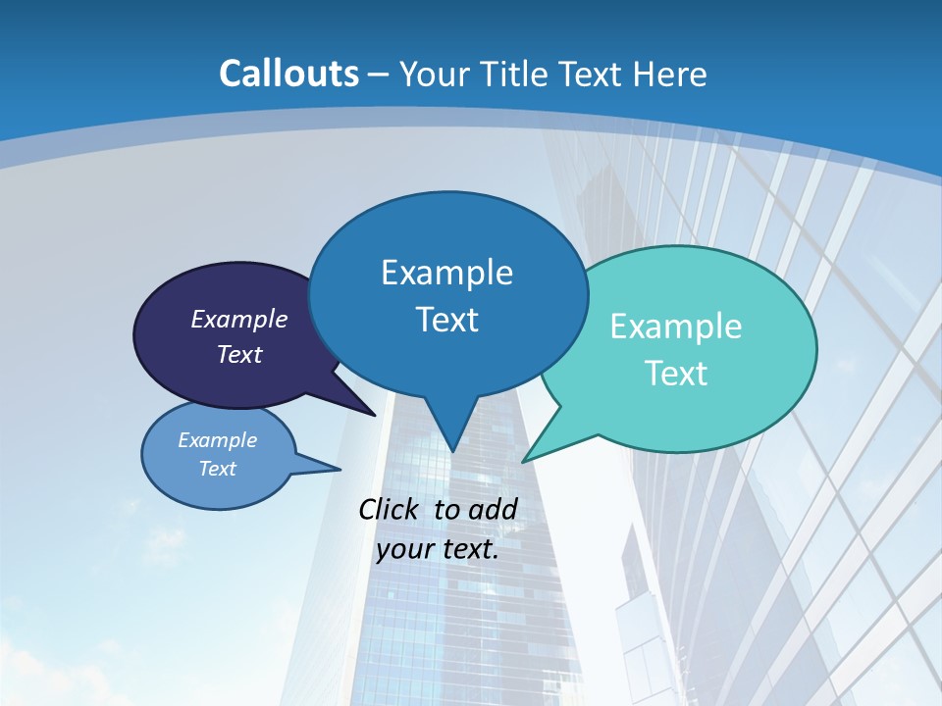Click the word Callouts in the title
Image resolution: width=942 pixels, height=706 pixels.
(288, 74)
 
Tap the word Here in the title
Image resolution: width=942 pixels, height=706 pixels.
(669, 74)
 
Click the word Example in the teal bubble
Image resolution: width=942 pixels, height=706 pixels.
(676, 327)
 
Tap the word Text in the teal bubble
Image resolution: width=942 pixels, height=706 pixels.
(676, 374)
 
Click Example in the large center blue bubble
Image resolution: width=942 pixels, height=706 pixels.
(446, 273)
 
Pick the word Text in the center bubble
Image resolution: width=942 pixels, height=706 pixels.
(446, 320)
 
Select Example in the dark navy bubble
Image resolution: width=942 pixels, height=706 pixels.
(239, 319)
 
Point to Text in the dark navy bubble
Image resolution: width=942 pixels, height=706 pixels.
(239, 354)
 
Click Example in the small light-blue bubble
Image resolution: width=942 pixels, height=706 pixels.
(218, 440)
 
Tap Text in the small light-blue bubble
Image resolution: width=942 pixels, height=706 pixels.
(218, 469)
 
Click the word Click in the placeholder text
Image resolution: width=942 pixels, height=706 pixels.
(390, 509)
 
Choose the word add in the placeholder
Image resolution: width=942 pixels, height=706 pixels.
(493, 509)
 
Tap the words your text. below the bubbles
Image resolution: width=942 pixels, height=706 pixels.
(438, 549)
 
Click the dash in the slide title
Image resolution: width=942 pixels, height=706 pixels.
(378, 74)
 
